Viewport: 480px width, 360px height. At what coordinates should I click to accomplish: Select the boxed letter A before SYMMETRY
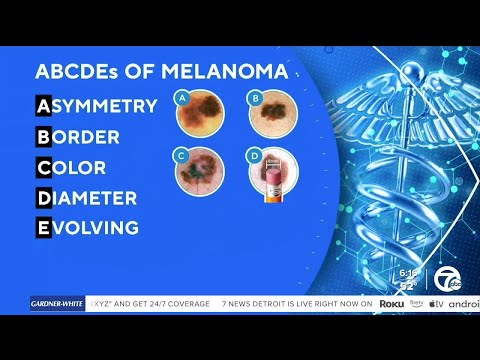44,105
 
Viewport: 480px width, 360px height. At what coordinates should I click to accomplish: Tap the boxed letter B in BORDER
44,136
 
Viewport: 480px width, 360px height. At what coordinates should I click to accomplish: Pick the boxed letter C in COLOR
44,167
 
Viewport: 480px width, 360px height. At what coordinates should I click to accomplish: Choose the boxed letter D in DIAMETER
44,198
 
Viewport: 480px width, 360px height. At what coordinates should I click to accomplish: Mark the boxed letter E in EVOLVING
44,228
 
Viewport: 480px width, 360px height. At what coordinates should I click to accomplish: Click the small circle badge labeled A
182,98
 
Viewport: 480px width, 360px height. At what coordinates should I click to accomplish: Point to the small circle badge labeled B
255,98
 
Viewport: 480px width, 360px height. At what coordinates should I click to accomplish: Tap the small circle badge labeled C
182,155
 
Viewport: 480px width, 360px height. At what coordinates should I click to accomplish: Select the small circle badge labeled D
255,155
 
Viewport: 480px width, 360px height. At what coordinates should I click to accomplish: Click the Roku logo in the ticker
391,303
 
